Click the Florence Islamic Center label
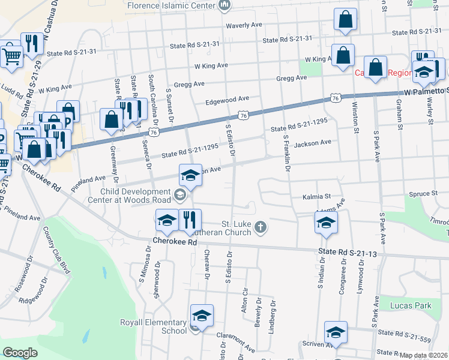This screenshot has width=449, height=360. [172, 5]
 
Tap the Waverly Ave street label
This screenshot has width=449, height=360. [244, 26]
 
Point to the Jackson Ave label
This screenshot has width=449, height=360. [313, 143]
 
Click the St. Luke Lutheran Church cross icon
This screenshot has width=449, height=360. [260, 227]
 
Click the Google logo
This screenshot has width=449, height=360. [20, 352]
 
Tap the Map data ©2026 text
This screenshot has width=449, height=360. [424, 355]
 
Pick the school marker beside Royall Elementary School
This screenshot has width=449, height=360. [202, 316]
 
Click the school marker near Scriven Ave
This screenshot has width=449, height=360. [336, 332]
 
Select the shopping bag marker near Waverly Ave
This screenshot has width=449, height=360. [346, 19]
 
